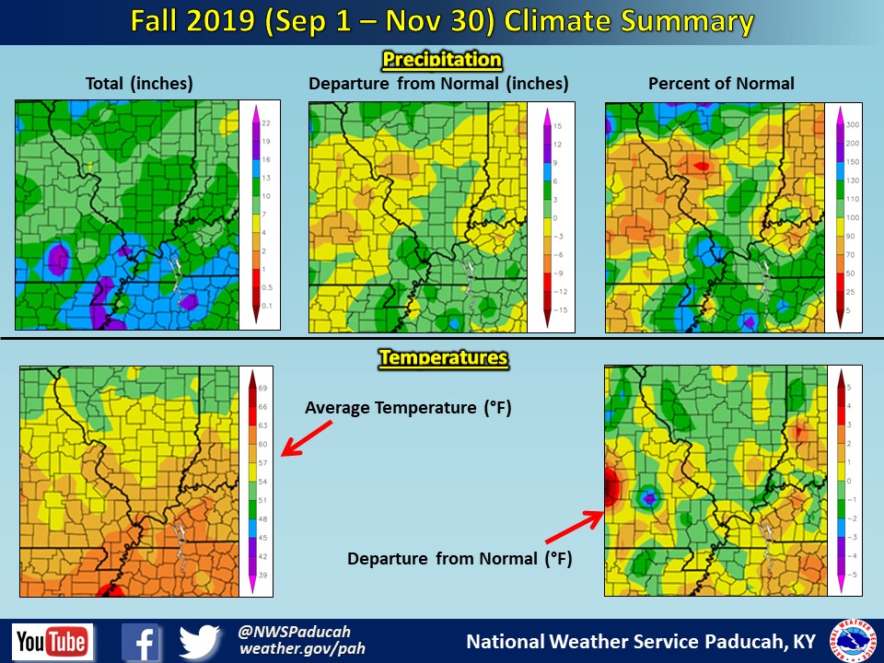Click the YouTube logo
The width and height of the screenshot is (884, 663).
tap(52, 641)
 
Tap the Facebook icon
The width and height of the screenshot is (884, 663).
tap(142, 642)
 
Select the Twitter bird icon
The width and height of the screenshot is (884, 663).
tap(200, 642)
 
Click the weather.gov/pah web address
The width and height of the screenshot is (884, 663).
tap(302, 649)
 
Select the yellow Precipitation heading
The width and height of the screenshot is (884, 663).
tap(442, 61)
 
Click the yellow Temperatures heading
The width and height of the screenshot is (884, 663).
tap(443, 356)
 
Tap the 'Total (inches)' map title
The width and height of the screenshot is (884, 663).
tap(139, 84)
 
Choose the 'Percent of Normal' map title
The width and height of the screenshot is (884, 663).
tap(721, 84)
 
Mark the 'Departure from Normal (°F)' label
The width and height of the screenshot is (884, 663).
tap(459, 558)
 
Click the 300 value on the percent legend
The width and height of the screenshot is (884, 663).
tap(853, 124)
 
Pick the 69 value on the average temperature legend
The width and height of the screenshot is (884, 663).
tap(262, 390)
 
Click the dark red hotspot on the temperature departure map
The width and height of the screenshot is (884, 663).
tap(611, 486)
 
